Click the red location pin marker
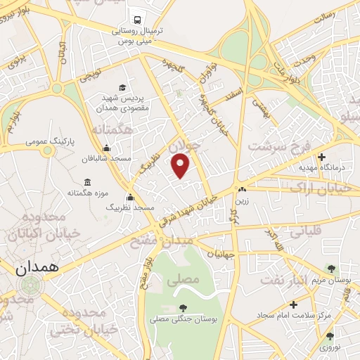(x=181, y=165)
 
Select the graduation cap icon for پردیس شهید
(x=123, y=87)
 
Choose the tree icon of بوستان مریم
(x=331, y=269)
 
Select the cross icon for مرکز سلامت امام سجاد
(x=293, y=304)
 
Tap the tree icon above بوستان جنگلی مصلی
(x=183, y=308)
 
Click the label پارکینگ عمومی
(x=49, y=141)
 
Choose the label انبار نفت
(x=283, y=279)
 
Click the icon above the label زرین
(x=243, y=189)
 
